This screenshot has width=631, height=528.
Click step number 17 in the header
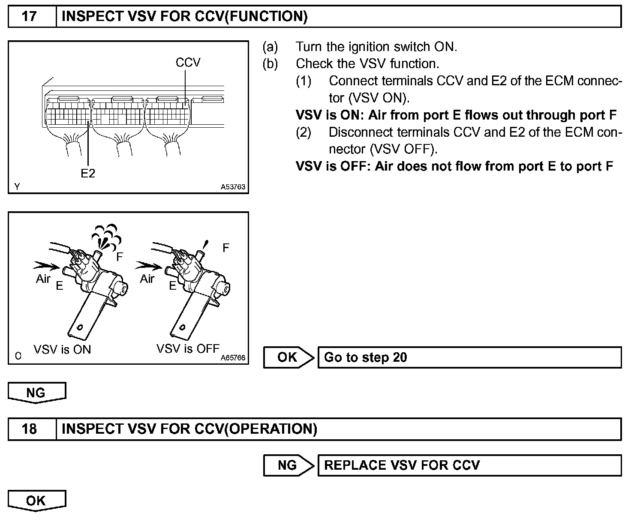(x=29, y=17)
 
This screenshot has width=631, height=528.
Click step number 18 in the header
(x=29, y=429)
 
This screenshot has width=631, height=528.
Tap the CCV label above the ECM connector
(x=188, y=63)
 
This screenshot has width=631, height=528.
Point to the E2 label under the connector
(x=88, y=174)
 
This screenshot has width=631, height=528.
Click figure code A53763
(x=233, y=187)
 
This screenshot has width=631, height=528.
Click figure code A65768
(x=233, y=357)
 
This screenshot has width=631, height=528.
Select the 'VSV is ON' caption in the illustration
(x=62, y=349)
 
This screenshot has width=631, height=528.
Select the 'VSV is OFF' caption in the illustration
(x=188, y=348)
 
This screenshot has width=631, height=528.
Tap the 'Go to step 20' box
(x=469, y=357)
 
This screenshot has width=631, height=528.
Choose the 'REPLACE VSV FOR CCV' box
(x=469, y=465)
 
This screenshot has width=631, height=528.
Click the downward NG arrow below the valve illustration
(x=36, y=393)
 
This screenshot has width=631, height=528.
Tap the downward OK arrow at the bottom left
(x=36, y=501)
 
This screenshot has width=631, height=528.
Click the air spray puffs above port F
(x=105, y=235)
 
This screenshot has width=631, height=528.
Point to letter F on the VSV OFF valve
(x=226, y=248)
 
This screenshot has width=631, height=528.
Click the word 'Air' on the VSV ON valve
(x=43, y=279)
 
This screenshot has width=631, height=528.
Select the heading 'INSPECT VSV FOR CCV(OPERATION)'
(x=189, y=429)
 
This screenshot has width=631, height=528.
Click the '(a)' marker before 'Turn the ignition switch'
(x=270, y=46)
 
